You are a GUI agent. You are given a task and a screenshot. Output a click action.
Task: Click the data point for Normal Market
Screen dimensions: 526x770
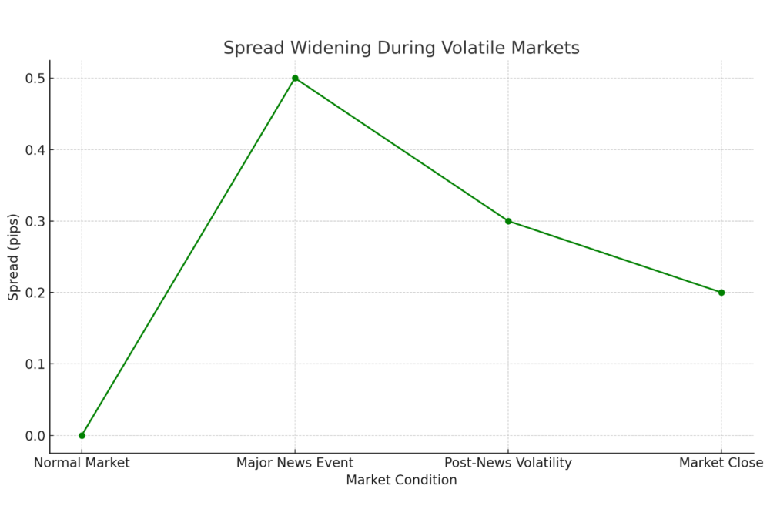[82, 435]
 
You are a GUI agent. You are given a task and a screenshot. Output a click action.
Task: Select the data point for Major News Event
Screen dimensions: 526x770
[295, 78]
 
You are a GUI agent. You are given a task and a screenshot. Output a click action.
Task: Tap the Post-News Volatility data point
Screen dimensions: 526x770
[508, 221]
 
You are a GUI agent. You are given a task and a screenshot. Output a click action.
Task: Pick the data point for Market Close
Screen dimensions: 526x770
[721, 293]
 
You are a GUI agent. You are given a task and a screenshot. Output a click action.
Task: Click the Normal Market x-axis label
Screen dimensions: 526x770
[82, 463]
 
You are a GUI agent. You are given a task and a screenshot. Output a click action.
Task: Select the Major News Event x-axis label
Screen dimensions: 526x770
[295, 463]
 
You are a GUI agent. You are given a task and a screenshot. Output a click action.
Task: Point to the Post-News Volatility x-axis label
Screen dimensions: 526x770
[508, 463]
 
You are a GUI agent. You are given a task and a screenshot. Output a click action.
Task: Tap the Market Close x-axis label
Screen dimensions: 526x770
[721, 463]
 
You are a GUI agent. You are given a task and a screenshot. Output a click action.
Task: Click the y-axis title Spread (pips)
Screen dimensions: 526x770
[14, 256]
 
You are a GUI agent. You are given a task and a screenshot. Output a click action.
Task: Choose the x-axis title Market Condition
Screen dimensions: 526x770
[401, 481]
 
